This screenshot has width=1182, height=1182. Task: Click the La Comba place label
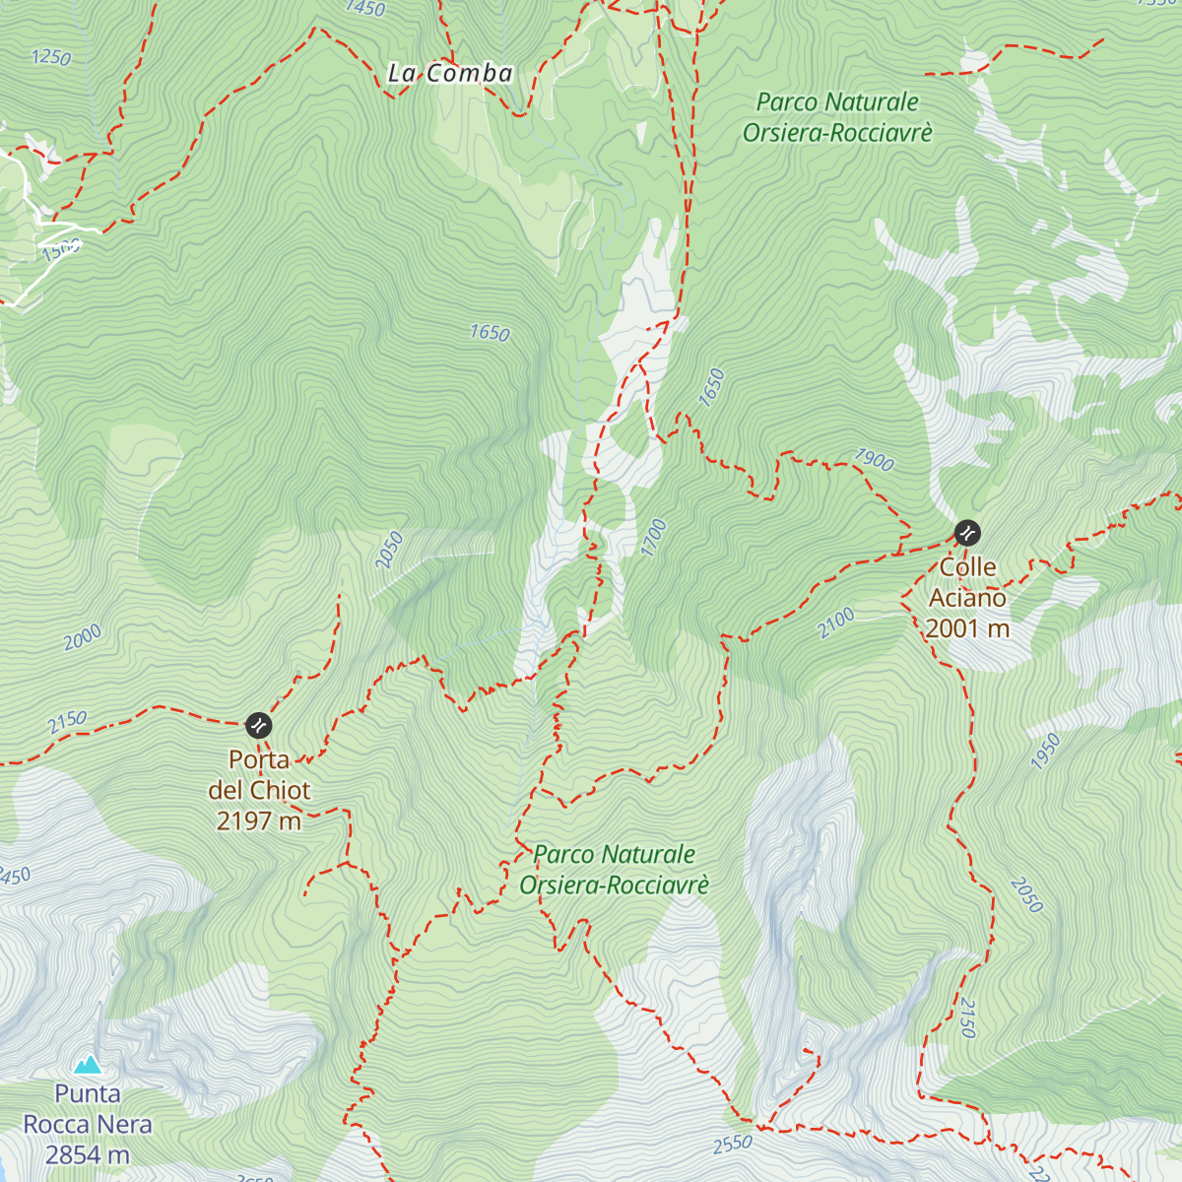point(450,74)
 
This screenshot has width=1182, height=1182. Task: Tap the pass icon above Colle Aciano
point(967,534)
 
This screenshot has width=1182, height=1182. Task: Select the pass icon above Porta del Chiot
point(258,726)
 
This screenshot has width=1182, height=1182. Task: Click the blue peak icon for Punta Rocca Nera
point(89,1064)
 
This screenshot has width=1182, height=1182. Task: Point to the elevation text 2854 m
point(88,1154)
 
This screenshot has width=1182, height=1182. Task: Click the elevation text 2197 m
point(259,821)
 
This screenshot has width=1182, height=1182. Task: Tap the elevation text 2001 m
point(967,628)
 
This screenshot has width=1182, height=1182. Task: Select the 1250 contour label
point(51,58)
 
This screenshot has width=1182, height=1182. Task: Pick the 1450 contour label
point(365,8)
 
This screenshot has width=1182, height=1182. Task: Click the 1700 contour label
point(654,538)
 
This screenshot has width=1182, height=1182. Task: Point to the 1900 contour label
point(874,460)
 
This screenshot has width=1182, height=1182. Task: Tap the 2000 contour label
point(83,638)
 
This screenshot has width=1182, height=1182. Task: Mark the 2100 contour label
point(836,623)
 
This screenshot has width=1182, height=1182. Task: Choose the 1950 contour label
point(1045,752)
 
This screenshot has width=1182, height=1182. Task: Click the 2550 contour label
point(732,1145)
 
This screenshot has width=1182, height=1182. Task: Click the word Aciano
point(967,598)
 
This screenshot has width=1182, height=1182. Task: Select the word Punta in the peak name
point(88,1093)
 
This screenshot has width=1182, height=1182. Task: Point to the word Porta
point(259,759)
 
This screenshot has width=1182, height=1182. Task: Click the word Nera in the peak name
point(129,1124)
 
